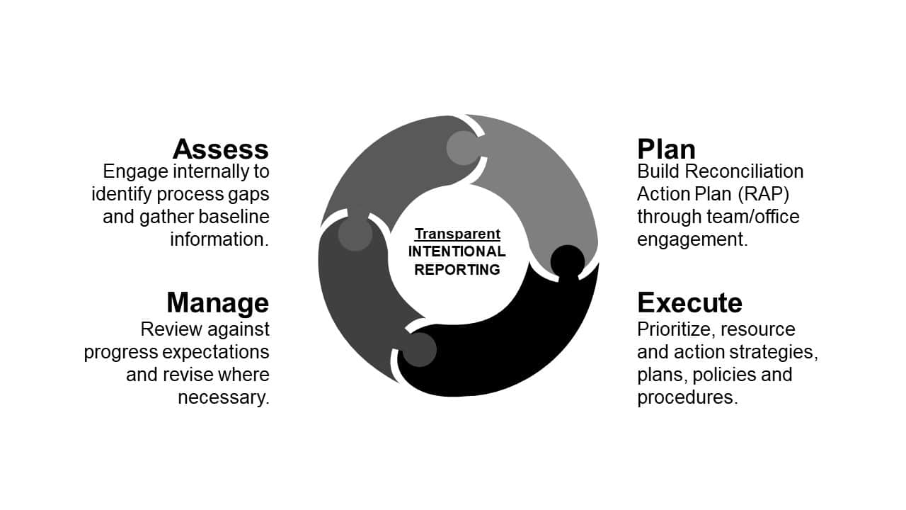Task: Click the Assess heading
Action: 220,149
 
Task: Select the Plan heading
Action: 666,149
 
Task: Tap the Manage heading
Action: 217,302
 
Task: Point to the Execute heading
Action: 689,302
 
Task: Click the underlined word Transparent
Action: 457,234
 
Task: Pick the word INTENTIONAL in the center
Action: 457,251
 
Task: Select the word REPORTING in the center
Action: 457,270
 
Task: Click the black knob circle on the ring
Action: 568,261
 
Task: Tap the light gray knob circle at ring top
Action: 464,148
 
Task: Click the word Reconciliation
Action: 744,171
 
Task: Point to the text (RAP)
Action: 763,194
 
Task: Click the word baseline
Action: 234,217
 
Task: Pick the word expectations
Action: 222,352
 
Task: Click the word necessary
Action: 224,397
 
